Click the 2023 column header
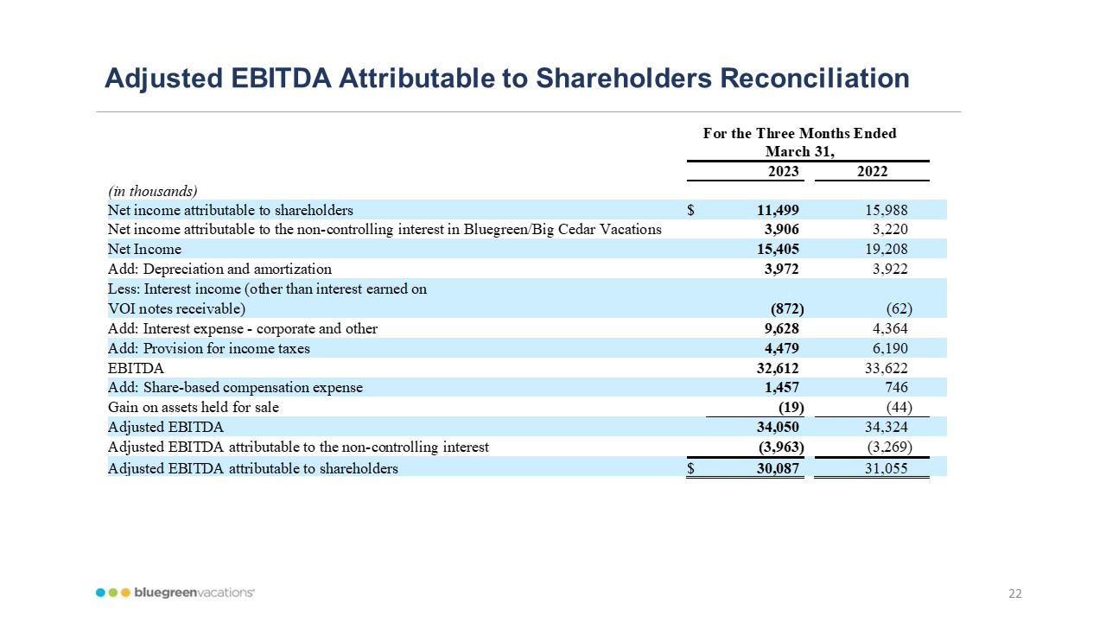pos(784,171)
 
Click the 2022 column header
pos(872,171)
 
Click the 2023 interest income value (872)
pos(787,308)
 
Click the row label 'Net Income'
pos(144,250)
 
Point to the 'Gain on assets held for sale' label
pos(193,408)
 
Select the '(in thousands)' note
pos(152,191)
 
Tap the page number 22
pos(1014,593)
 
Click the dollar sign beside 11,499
pos(691,210)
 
